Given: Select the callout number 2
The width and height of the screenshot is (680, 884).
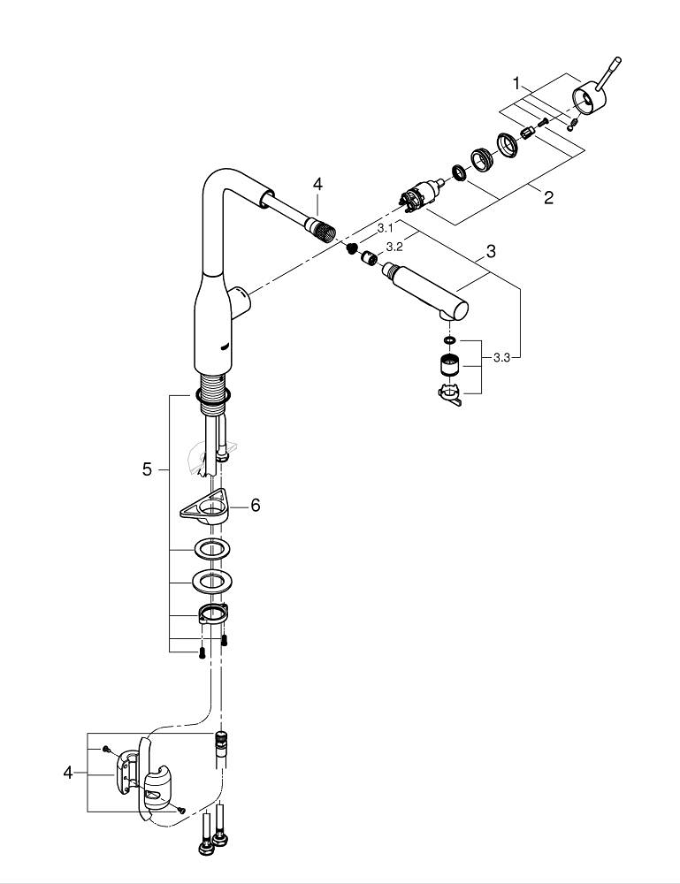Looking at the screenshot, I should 548,197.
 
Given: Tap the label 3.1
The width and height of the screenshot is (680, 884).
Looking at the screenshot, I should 385,228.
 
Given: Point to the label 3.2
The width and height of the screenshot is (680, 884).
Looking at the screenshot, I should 394,247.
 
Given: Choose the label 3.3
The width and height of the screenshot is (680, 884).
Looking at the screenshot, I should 501,357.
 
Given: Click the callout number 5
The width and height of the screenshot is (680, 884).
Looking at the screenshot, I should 147,469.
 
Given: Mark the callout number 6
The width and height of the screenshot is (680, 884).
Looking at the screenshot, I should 255,505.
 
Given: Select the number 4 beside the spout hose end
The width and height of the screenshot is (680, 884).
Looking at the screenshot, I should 317,184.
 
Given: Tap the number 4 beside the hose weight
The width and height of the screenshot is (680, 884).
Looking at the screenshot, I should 67,773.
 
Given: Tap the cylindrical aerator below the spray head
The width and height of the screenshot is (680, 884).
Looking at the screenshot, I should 448,365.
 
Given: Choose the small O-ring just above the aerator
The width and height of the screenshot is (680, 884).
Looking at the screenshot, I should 448,339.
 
